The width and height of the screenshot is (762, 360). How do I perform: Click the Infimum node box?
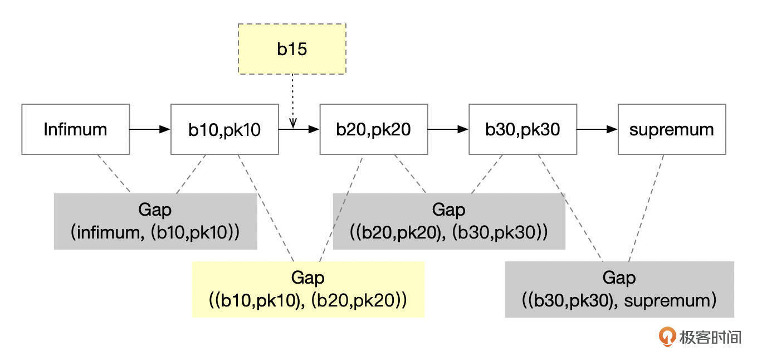[x=75, y=129]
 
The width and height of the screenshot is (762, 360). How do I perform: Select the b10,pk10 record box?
[x=224, y=129]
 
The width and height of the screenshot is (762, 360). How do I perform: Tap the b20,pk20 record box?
[x=374, y=129]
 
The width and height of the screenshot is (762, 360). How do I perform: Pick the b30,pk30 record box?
[x=522, y=129]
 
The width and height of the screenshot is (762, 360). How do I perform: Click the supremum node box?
[x=672, y=129]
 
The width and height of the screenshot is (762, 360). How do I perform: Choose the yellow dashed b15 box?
[x=292, y=49]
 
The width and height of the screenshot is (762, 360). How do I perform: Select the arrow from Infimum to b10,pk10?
[x=149, y=129]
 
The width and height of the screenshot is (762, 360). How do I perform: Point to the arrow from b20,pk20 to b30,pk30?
[x=448, y=129]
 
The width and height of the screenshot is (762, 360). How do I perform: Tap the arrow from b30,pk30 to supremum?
[x=597, y=129]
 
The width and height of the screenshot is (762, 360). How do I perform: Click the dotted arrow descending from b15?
[x=292, y=100]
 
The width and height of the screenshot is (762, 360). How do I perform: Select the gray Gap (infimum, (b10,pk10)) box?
[x=155, y=221]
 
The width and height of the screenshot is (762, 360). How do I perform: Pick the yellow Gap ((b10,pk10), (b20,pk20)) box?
[x=307, y=289]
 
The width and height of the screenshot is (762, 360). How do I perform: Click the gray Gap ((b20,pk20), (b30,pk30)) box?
[x=448, y=221]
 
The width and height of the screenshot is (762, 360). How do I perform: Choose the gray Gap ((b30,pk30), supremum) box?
[x=619, y=289]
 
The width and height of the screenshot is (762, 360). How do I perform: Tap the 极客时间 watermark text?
[x=711, y=337]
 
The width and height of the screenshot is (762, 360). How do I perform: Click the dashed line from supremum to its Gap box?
[x=646, y=207]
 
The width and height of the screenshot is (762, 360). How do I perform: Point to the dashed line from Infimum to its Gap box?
[x=114, y=174]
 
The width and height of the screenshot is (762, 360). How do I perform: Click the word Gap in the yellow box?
[x=307, y=278]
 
